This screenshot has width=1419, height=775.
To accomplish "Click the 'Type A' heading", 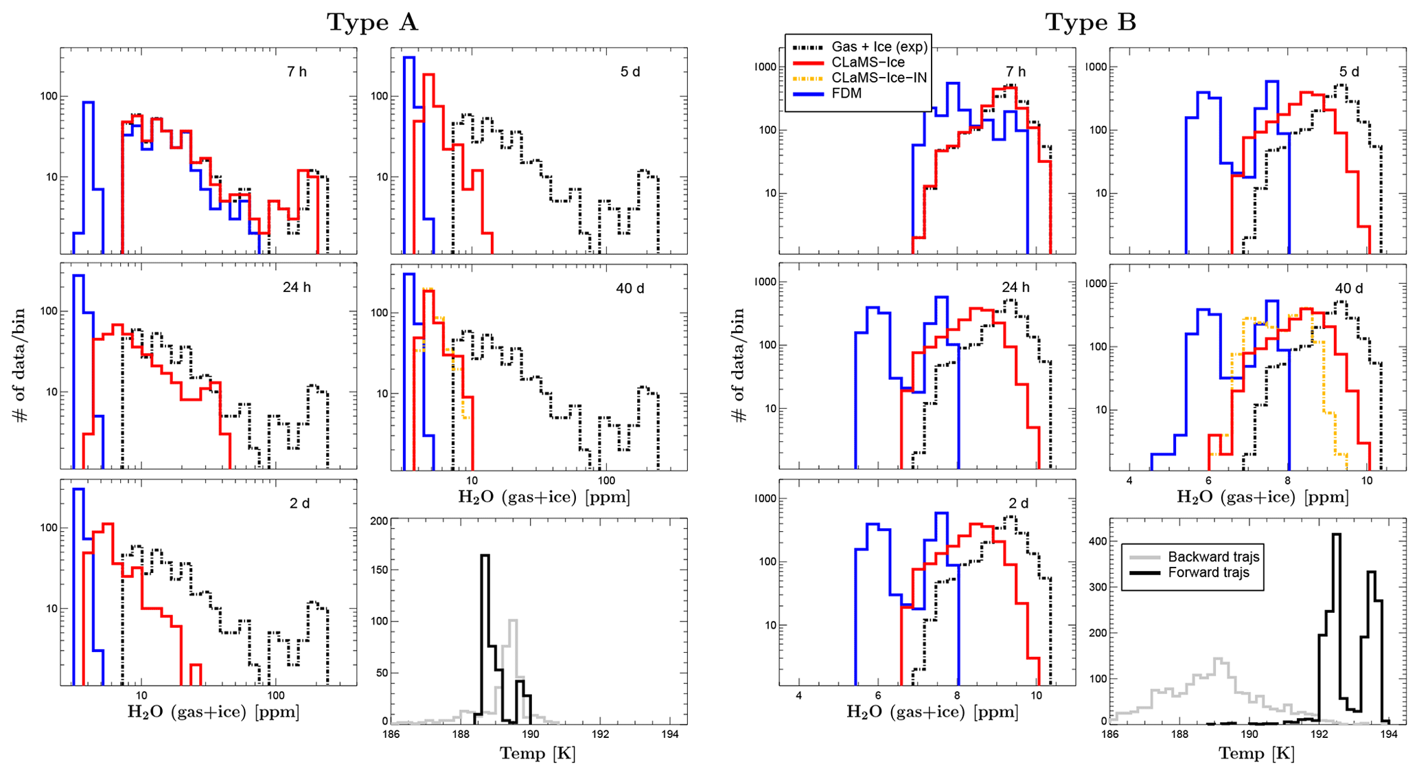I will coord(372,22).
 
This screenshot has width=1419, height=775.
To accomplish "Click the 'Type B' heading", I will coord(1090,22).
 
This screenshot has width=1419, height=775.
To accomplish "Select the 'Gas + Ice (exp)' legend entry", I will coord(879,47).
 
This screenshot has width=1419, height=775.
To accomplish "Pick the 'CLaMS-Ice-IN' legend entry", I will coord(879,78).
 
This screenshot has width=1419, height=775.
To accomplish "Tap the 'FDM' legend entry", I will coord(846,93).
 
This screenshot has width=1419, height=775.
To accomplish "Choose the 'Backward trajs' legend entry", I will coord(1214,557).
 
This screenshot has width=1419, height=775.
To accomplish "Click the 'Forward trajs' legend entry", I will coord(1208,573).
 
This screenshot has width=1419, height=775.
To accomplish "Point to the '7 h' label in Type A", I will coord(297,71).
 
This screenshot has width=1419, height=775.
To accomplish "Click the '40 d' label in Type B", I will coord(1348,289).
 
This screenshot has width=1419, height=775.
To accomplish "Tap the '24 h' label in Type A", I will coord(297,287).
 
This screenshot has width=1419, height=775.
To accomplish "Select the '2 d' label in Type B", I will coord(1018,504).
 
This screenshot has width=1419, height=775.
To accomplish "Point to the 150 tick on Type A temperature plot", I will coord(378,570).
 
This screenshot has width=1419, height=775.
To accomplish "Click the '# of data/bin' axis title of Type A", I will coord(20,364).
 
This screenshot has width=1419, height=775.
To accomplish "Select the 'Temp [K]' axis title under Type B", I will coord(1256,754).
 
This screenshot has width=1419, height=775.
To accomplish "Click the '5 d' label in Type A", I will coord(630,71).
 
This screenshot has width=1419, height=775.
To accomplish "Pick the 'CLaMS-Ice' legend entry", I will coord(868,63).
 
